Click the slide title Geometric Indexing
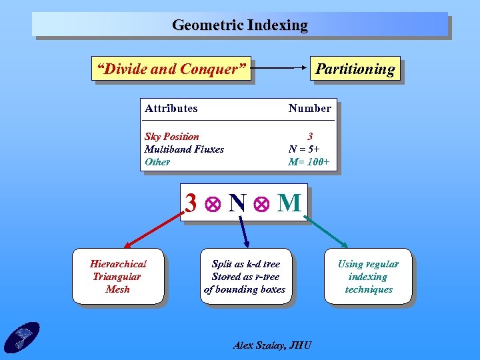(x=240, y=25)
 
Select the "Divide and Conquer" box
(x=171, y=69)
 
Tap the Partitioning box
(x=355, y=69)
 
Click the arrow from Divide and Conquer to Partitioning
(x=281, y=69)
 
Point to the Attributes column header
(x=171, y=108)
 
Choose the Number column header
(x=309, y=108)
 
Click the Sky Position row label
(x=172, y=136)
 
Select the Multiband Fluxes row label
(x=184, y=149)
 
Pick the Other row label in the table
(x=157, y=161)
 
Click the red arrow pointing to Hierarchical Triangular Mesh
(x=153, y=231)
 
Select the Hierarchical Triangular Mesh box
(x=118, y=277)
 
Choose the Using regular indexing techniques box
(x=368, y=277)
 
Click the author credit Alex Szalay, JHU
(x=272, y=345)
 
